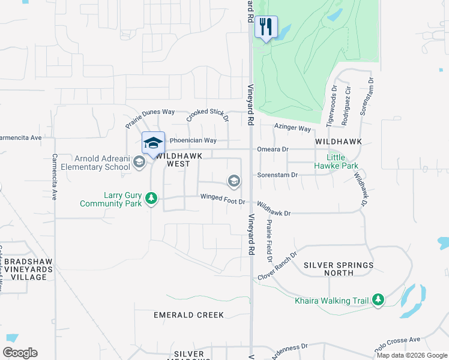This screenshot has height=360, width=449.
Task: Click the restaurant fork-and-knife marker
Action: point(266,27)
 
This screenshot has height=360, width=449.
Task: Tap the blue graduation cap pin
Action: point(153,143)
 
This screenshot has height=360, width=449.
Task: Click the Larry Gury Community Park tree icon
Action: point(152,197)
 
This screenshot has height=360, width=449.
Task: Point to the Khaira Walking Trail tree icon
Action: point(378,299)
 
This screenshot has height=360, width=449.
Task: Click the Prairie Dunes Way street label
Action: point(149,118)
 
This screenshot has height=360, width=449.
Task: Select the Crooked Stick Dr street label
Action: point(207,115)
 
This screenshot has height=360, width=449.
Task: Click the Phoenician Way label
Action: point(193,140)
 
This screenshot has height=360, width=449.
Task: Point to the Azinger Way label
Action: point(293,128)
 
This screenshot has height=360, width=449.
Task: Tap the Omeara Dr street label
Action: point(273,149)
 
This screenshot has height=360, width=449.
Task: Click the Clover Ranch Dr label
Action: point(277,266)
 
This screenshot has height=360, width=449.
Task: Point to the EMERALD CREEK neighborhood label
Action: point(188,315)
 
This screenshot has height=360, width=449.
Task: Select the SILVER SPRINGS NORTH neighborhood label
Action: point(339,269)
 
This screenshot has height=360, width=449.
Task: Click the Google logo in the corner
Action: point(20,353)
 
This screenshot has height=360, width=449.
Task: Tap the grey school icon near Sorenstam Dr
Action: point(234,181)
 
